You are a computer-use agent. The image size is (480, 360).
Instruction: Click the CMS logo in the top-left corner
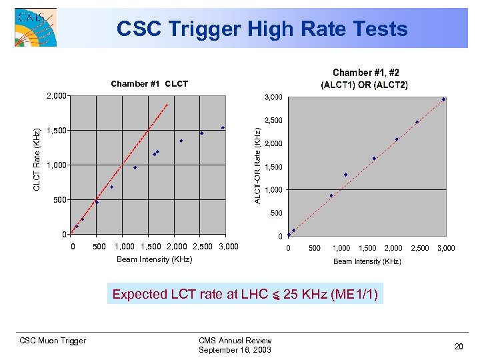pos(35,27)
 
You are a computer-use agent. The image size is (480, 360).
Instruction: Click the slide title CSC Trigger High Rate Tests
pos(261,29)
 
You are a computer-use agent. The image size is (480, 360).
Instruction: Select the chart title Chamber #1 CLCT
pos(149,84)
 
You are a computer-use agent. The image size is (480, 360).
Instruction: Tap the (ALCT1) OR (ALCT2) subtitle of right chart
pos(365,85)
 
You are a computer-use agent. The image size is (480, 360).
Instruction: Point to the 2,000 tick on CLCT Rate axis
pos(57,96)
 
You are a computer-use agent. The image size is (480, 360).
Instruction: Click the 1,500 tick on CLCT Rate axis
pos(57,131)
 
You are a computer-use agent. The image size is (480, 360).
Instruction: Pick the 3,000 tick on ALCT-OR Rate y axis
pos(273,97)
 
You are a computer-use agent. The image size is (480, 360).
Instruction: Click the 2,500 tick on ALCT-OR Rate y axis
pos(273,121)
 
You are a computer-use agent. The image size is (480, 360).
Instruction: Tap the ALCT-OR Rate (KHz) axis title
pos(258,166)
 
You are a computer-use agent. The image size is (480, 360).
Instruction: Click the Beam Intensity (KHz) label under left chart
pos(154,259)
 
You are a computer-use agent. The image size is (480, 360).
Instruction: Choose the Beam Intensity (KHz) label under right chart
pos(367,261)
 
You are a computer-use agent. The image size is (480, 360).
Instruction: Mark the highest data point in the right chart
pos(443,99)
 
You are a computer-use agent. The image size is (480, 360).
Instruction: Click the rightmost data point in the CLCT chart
pos(223,128)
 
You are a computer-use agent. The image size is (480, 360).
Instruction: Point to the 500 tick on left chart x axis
pos(99,247)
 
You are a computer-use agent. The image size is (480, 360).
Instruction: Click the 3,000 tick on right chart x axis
pos(446,248)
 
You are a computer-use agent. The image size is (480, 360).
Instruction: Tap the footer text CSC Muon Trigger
pos(53,341)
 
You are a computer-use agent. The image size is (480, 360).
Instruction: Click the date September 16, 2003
pos(235,350)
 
